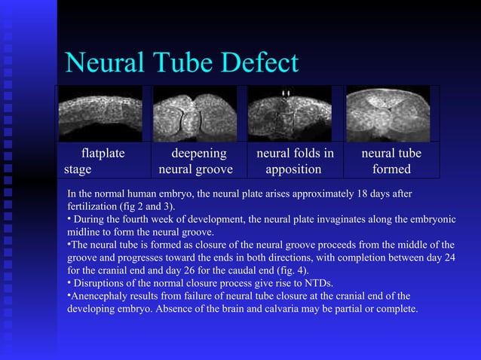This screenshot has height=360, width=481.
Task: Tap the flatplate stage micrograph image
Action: coord(100,114)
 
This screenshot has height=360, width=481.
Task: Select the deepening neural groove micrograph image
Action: coord(195,114)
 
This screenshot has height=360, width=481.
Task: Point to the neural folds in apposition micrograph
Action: coord(289,114)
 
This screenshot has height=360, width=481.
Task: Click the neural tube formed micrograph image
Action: coord(388,114)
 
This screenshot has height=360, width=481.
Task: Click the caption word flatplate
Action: coord(103,154)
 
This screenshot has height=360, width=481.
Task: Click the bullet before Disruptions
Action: coord(70,282)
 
